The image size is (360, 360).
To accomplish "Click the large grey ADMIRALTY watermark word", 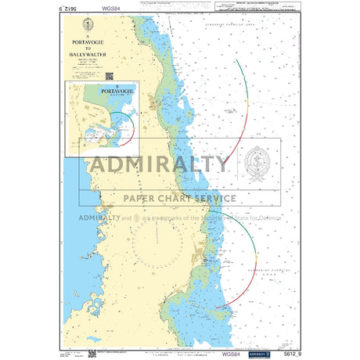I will (160, 164).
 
